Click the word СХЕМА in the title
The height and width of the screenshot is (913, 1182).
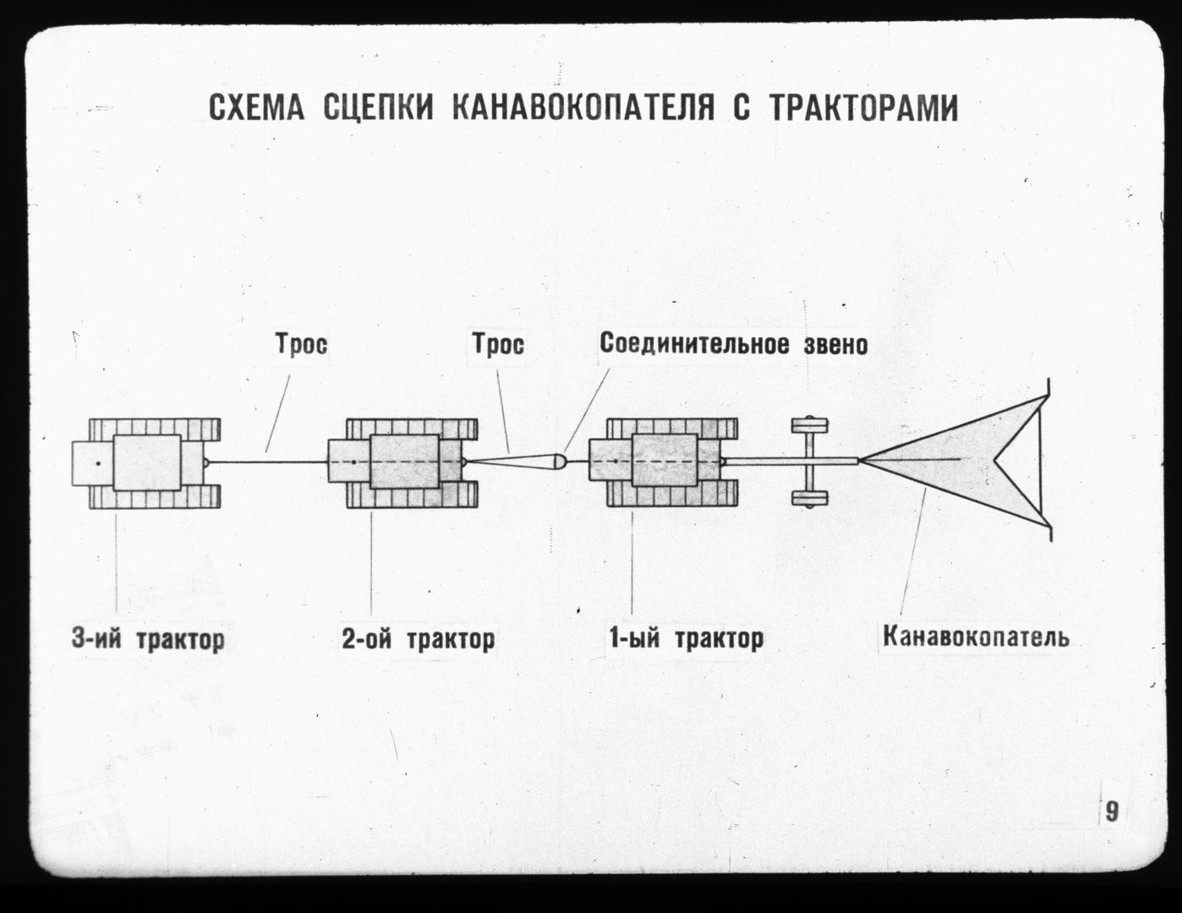[256, 108]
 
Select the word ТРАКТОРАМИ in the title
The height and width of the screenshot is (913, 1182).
[863, 108]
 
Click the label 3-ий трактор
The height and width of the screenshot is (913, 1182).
[148, 638]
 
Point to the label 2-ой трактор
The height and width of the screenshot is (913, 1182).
[419, 638]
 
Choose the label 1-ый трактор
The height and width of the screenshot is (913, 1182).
[686, 638]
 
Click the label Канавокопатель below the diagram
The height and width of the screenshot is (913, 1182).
[976, 637]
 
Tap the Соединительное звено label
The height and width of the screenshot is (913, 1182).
[734, 344]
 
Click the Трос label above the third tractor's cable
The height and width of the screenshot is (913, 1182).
[302, 344]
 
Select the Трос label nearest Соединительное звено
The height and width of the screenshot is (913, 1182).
[498, 344]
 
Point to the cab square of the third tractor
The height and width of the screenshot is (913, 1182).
[147, 462]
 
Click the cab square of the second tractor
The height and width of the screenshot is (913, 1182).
[405, 462]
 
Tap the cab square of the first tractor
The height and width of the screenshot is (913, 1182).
[665, 461]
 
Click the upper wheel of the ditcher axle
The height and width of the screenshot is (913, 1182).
[809, 424]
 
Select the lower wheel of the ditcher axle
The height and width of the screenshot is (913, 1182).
[809, 499]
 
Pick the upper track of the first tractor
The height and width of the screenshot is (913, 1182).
[672, 429]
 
